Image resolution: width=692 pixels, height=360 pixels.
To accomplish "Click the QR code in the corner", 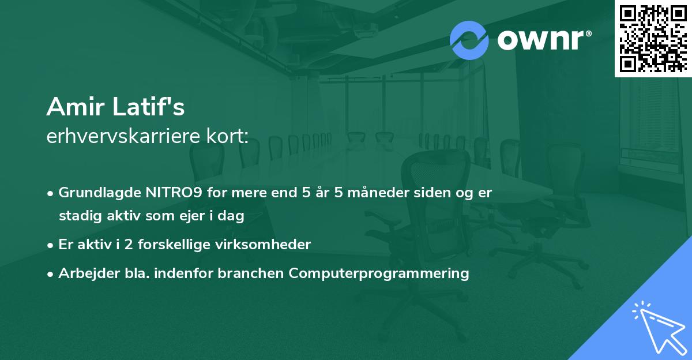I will click(x=653, y=39).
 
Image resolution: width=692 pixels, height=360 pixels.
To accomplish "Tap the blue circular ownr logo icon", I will click(x=469, y=40).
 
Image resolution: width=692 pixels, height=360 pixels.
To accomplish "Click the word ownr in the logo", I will click(x=542, y=40).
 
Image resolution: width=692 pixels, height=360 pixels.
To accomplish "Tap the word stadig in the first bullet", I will click(x=77, y=216).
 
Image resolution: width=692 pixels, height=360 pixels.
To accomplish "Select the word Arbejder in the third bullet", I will click(x=84, y=273).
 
